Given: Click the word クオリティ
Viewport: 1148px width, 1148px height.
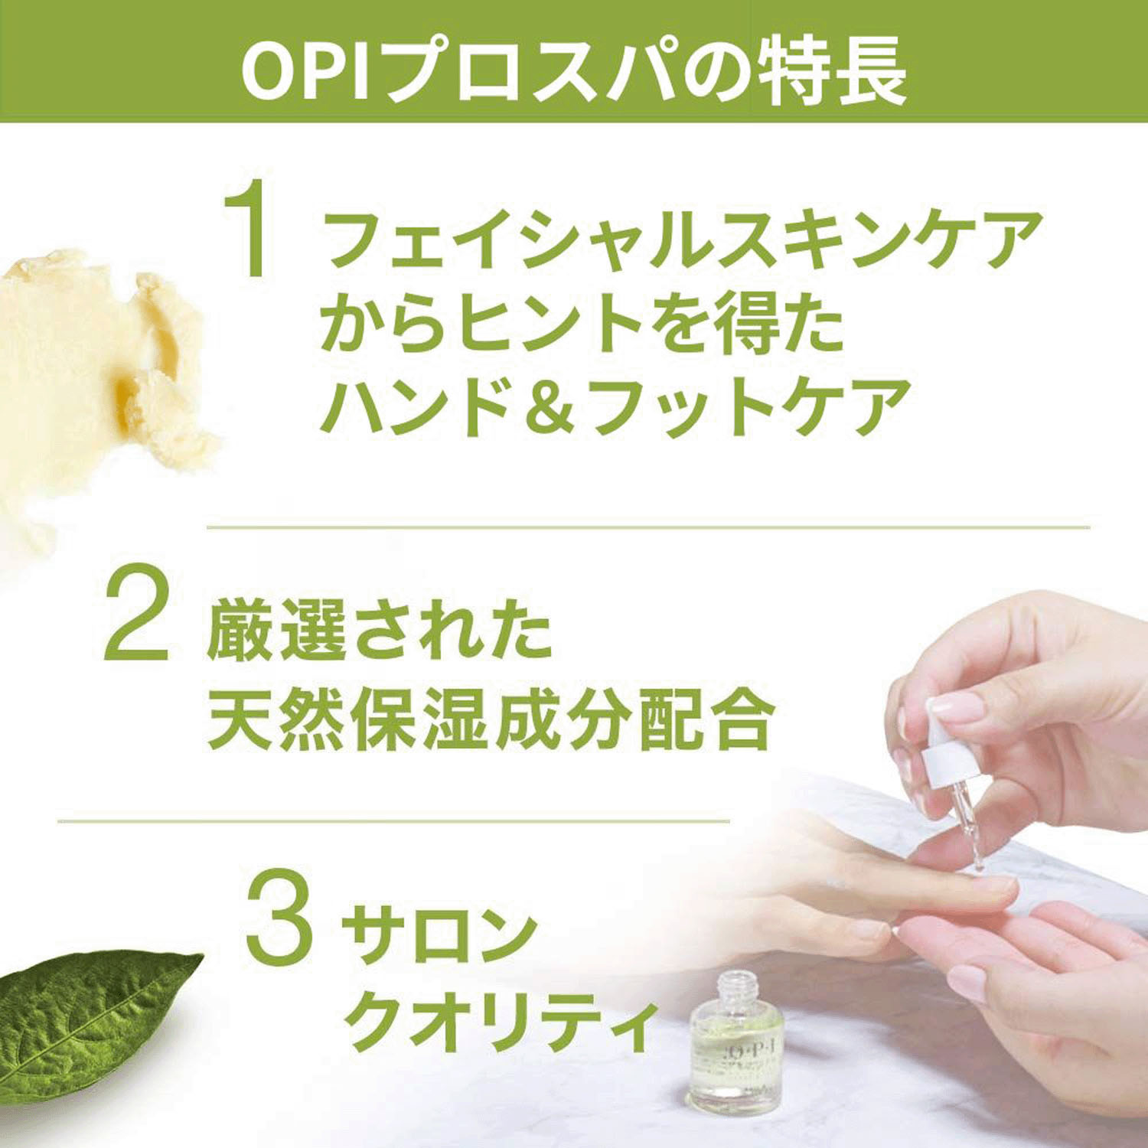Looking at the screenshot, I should [501, 1026].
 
